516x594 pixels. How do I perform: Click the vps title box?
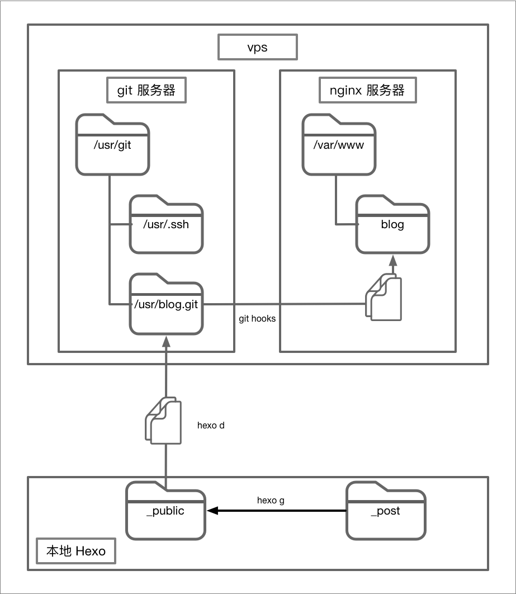(257, 48)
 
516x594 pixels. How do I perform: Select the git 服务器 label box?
(146, 90)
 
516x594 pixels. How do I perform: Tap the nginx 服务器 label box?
(367, 90)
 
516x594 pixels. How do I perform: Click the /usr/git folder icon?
(113, 145)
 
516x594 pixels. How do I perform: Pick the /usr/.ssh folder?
(167, 224)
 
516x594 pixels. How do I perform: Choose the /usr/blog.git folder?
(167, 305)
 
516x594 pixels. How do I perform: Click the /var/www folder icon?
(339, 145)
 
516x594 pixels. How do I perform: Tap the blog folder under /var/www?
(393, 225)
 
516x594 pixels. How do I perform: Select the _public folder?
(165, 511)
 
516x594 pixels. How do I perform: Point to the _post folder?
(386, 511)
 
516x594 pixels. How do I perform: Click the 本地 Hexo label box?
(75, 551)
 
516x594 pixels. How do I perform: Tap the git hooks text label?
(257, 319)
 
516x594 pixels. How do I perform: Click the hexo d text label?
(211, 425)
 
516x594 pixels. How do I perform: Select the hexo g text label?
(271, 500)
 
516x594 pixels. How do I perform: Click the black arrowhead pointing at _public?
(212, 511)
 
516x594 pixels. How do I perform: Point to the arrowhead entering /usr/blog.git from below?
(166, 341)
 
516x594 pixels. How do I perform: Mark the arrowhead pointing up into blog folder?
(393, 261)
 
